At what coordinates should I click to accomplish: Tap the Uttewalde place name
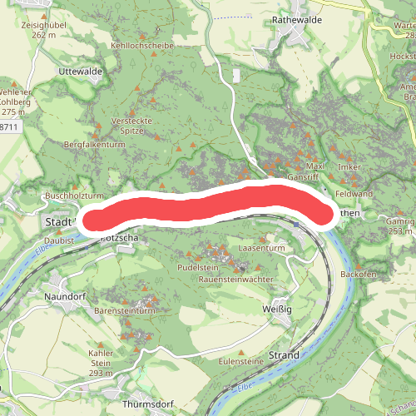[81, 72]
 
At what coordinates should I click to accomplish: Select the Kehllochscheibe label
[145, 46]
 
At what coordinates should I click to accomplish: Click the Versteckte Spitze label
[131, 126]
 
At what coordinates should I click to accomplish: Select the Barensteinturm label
[125, 310]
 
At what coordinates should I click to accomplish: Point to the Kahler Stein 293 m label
[100, 363]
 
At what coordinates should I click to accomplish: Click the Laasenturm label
[262, 249]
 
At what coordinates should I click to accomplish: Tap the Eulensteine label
[241, 363]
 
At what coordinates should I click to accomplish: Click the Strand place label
[284, 355]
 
